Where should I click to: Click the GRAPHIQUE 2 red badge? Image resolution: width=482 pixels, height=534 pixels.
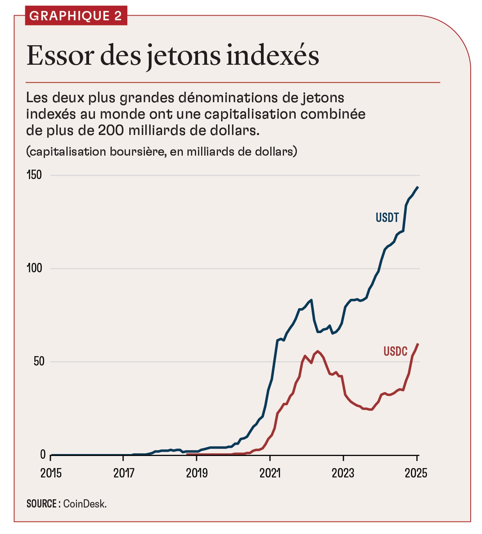76,16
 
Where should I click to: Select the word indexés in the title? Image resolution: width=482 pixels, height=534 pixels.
272,56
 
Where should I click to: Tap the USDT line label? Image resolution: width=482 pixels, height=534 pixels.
387,218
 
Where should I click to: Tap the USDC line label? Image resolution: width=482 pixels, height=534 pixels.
395,351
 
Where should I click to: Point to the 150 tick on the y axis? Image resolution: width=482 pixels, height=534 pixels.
34,175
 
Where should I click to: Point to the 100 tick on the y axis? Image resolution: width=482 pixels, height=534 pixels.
34,268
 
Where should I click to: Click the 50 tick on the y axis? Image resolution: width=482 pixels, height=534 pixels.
39,361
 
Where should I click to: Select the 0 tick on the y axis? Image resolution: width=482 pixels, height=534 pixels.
43,455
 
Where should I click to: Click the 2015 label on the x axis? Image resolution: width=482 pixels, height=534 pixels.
51,473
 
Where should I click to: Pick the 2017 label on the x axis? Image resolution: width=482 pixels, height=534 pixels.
124,473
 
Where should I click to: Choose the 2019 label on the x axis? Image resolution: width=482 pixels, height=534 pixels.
197,473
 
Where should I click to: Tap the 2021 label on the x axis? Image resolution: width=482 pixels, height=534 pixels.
270,473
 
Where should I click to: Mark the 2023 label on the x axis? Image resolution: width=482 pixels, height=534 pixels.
343,473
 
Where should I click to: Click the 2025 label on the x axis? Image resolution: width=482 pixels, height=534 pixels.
416,473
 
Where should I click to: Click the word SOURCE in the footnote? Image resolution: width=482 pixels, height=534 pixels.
42,504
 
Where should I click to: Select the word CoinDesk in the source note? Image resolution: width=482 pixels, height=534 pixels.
84,504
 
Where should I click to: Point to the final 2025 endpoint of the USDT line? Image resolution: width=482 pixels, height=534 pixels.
418,187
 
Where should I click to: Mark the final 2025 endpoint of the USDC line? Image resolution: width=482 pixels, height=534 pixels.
418,344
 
